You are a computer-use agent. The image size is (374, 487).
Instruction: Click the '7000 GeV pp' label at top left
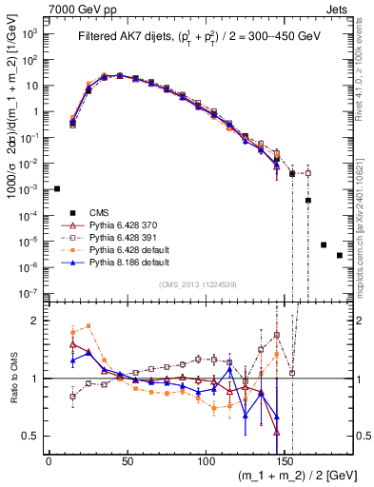38,8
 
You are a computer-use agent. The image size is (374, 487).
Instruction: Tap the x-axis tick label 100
207,461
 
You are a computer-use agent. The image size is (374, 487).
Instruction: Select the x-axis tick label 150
285,461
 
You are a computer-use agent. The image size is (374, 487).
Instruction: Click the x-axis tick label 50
128,461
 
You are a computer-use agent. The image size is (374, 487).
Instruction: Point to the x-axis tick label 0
49,461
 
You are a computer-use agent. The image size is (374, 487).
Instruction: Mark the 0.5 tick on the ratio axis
34,436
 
